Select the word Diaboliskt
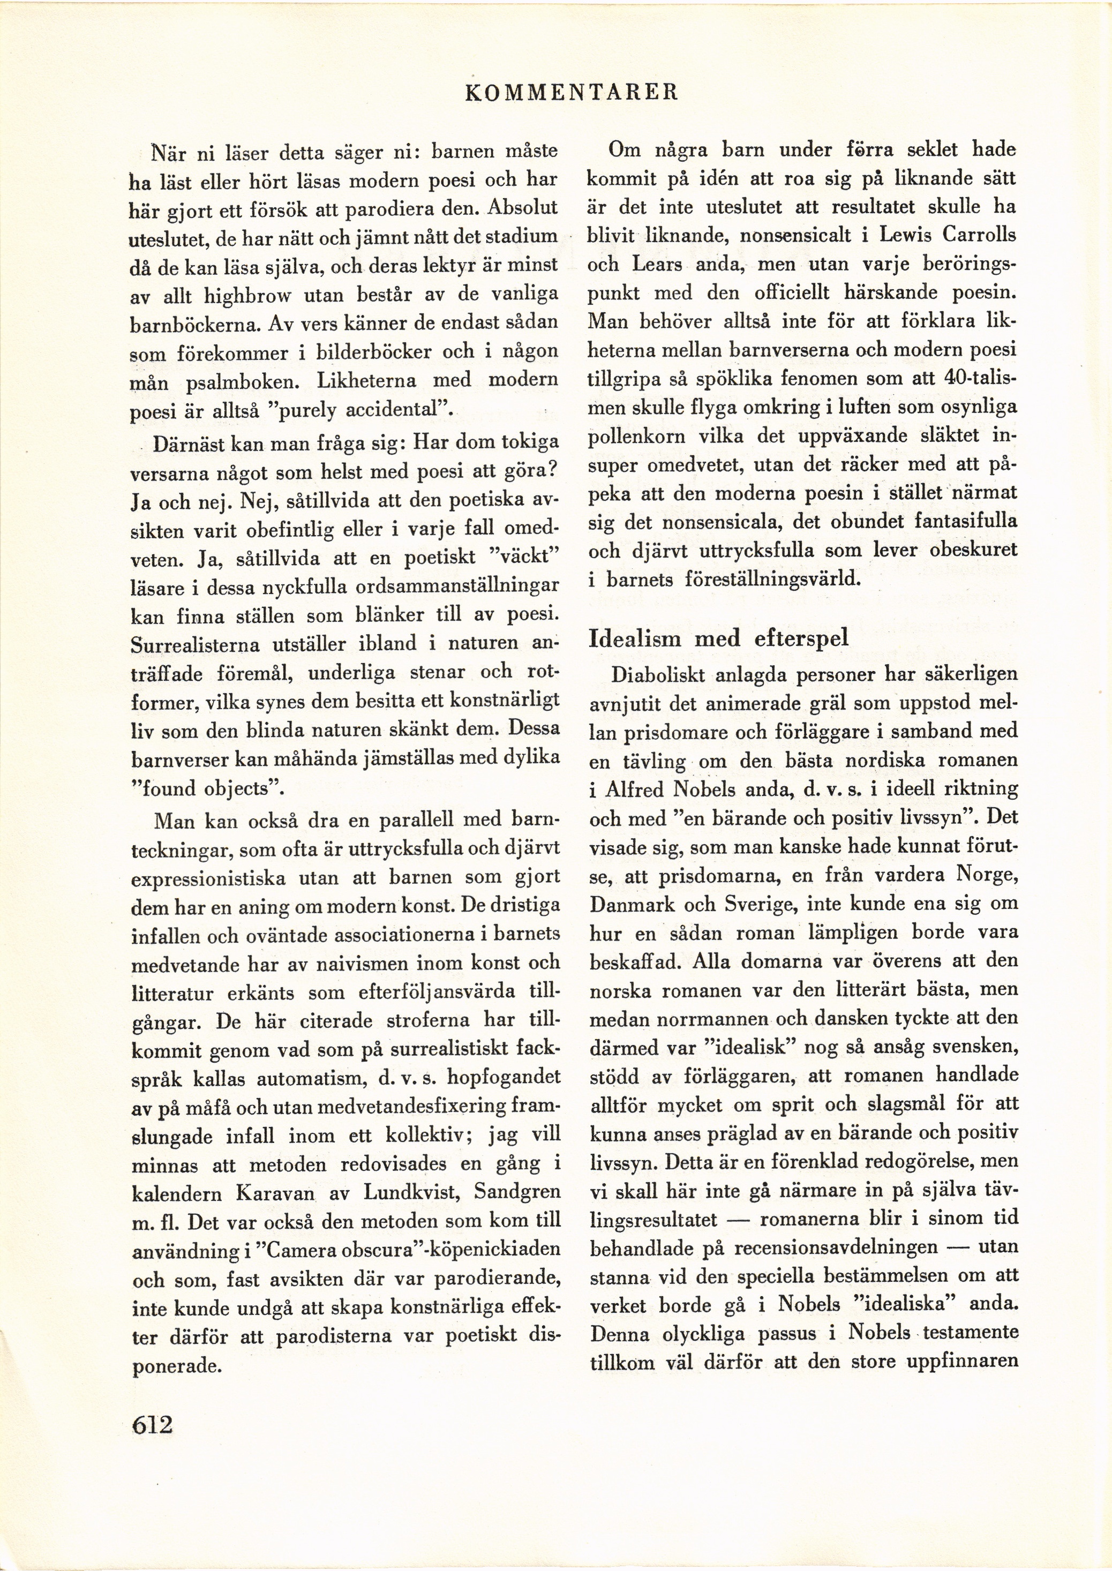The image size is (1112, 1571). tap(657, 675)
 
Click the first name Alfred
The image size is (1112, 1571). tap(634, 790)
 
